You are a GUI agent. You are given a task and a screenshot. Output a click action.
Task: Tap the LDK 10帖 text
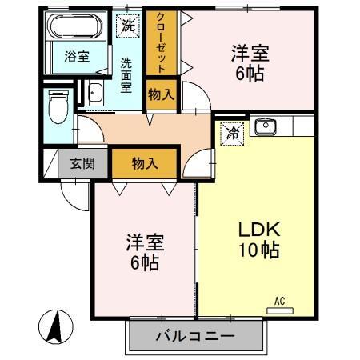tap(257, 239)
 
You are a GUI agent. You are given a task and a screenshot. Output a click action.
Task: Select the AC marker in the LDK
tap(279, 301)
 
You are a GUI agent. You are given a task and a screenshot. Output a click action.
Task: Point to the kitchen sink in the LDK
tap(265, 126)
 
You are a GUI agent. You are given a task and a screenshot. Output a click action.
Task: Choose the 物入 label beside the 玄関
tap(144, 163)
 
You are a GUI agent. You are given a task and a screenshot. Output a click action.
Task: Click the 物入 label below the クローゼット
tap(161, 95)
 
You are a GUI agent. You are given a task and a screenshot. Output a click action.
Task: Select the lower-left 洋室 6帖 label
tap(145, 251)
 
